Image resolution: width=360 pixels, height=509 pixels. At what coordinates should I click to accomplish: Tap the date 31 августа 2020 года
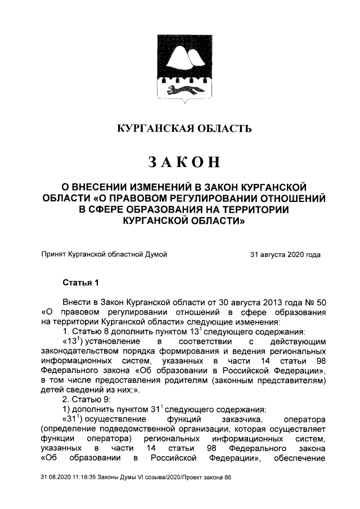click(285, 255)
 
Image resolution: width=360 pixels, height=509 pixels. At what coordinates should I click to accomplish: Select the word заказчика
click(235, 420)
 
